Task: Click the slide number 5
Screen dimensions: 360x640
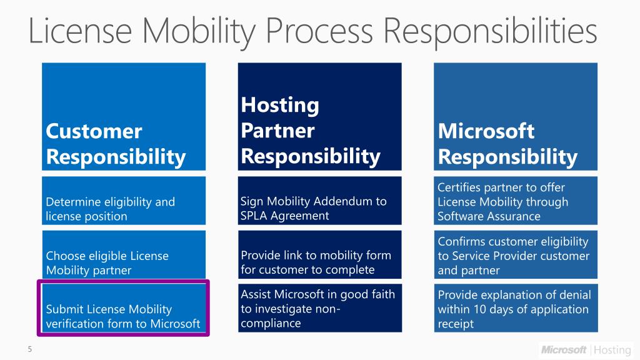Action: click(x=29, y=349)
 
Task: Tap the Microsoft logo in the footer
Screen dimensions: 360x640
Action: click(x=564, y=349)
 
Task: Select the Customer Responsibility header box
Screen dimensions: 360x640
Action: click(x=124, y=116)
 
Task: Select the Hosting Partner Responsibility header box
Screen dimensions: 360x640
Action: click(x=319, y=116)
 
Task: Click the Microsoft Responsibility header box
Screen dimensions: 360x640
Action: click(x=515, y=116)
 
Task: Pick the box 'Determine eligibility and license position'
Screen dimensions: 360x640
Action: click(x=124, y=201)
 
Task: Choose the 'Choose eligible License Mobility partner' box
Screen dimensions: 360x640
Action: click(x=124, y=254)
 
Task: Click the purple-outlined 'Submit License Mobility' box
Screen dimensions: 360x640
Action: click(x=124, y=308)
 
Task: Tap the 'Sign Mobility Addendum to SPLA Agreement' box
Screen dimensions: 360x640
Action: click(x=319, y=201)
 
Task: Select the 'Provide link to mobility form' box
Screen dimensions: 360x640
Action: click(x=319, y=254)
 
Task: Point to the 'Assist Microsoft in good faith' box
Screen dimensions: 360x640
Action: click(x=319, y=308)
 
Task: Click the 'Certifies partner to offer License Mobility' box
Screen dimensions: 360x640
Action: click(x=515, y=201)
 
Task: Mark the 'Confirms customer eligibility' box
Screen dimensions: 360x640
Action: click(x=515, y=254)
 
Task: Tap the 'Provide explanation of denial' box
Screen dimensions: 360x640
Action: click(x=515, y=308)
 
